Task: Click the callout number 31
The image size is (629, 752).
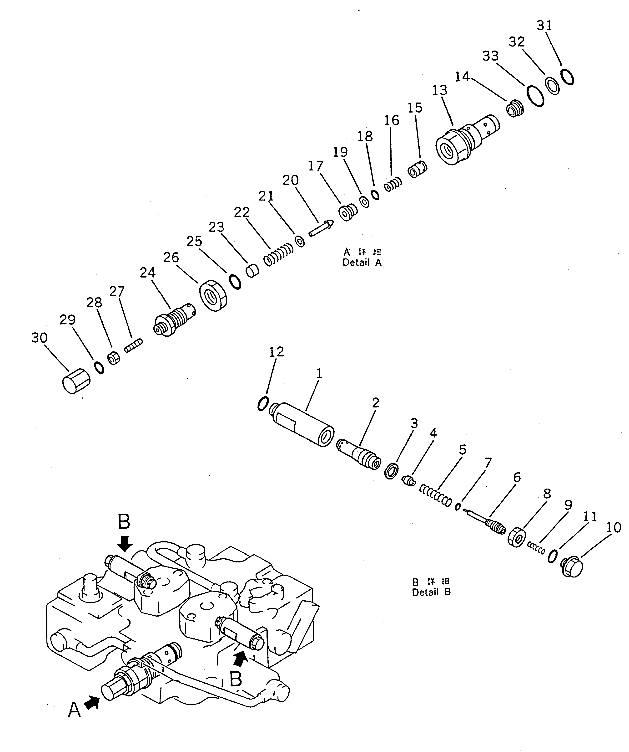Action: (x=544, y=26)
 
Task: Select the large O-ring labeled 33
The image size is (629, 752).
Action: (x=535, y=96)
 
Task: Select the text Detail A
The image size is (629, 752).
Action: (x=362, y=263)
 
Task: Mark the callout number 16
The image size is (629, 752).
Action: (x=391, y=121)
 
